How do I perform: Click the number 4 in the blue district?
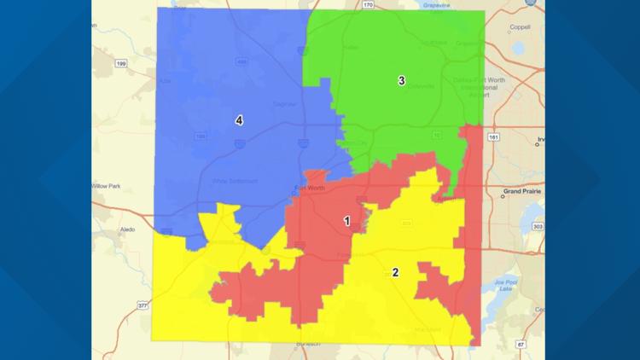coord(239,120)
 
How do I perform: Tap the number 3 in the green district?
coord(400,81)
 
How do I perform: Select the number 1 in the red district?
coord(346,221)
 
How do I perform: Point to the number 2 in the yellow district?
coord(394,272)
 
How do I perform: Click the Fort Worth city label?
coord(308,187)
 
